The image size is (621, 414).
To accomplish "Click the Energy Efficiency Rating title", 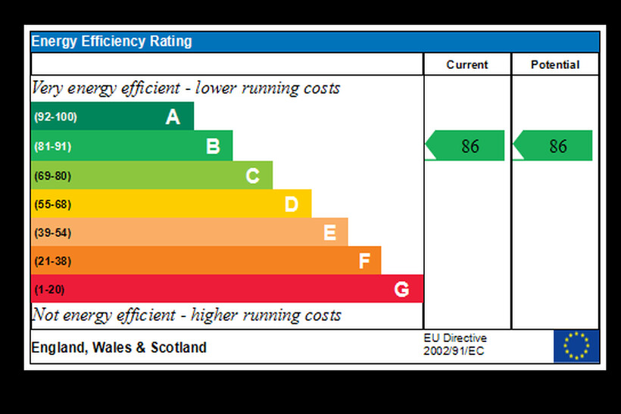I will (x=111, y=42).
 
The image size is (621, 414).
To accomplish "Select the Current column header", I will (x=467, y=65).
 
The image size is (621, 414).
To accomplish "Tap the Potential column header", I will (x=555, y=65).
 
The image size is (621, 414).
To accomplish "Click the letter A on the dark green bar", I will (x=173, y=117).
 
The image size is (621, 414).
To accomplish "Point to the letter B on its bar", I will (x=213, y=146).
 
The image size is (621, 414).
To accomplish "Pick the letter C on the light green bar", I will (x=252, y=176).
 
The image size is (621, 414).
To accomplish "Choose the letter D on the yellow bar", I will (x=292, y=204).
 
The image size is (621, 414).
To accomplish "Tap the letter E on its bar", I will (x=329, y=233).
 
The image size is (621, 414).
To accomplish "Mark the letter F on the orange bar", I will (x=364, y=262).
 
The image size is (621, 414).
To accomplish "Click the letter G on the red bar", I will (x=401, y=289).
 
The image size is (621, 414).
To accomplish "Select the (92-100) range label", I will (x=55, y=117).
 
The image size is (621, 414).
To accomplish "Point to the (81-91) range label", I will (x=52, y=146).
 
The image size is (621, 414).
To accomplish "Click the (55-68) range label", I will (x=52, y=204).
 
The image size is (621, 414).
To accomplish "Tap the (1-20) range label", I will (x=50, y=289).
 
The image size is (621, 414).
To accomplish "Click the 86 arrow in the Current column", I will (x=466, y=146).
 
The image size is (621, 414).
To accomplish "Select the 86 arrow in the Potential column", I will (x=554, y=146).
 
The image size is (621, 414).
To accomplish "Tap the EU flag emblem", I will (x=576, y=346).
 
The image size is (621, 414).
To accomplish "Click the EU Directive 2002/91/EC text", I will (x=455, y=344).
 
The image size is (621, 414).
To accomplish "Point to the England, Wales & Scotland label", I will (x=119, y=348).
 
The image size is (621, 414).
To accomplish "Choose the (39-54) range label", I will (x=52, y=233).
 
